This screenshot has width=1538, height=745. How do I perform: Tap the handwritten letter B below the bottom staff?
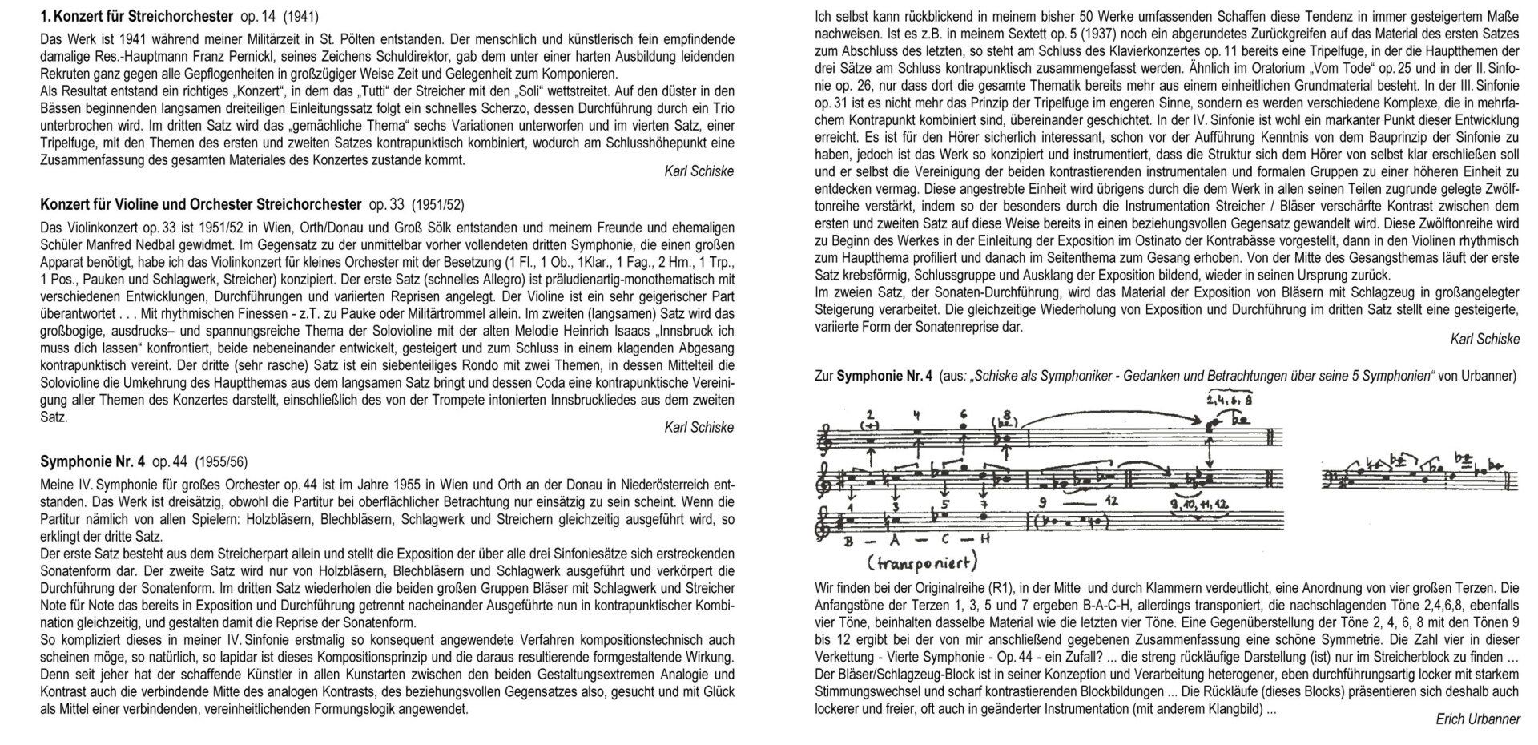847,540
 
